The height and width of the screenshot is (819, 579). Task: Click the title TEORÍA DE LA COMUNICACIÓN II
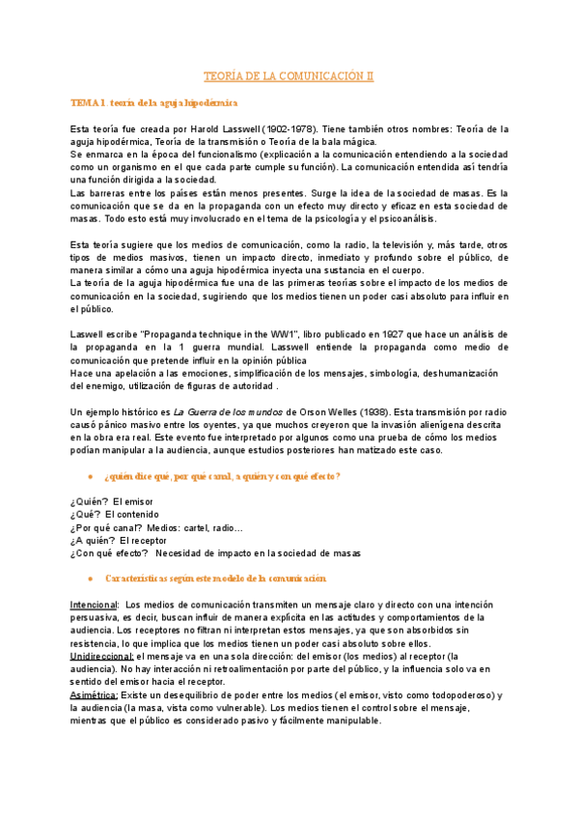pyautogui.click(x=289, y=75)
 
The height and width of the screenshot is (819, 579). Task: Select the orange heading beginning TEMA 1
pyautogui.click(x=154, y=101)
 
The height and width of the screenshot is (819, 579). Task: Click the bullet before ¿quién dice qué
pyautogui.click(x=89, y=476)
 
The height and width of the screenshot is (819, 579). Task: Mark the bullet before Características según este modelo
pyautogui.click(x=89, y=578)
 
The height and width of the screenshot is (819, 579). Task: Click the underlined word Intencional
pyautogui.click(x=94, y=604)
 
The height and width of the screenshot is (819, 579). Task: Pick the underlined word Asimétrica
pyautogui.click(x=95, y=693)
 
